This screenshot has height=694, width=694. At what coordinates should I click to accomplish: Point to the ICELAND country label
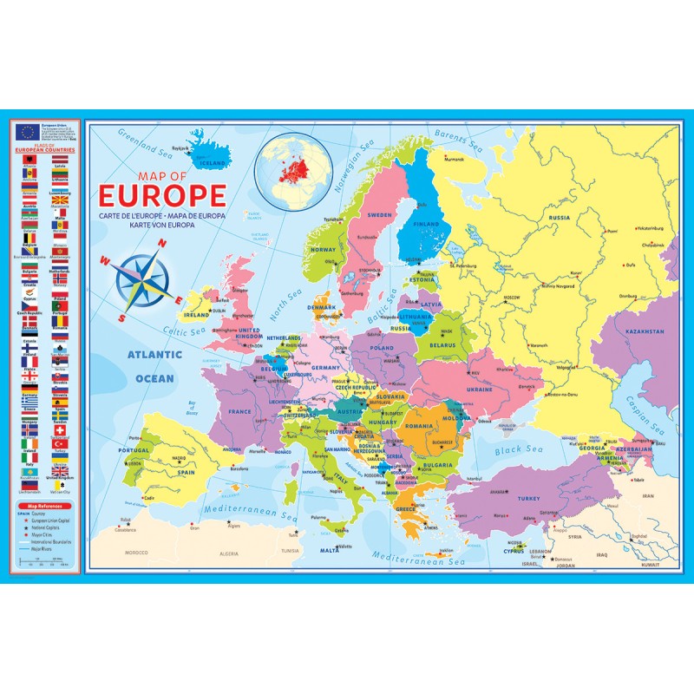tap(213, 161)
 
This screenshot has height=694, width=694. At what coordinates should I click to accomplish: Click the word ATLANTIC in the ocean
tap(154, 355)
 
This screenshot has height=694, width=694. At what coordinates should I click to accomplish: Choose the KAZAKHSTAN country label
tap(643, 331)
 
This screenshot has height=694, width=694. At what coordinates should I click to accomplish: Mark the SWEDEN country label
tap(379, 214)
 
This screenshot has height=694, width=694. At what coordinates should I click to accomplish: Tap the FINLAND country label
tap(428, 224)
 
